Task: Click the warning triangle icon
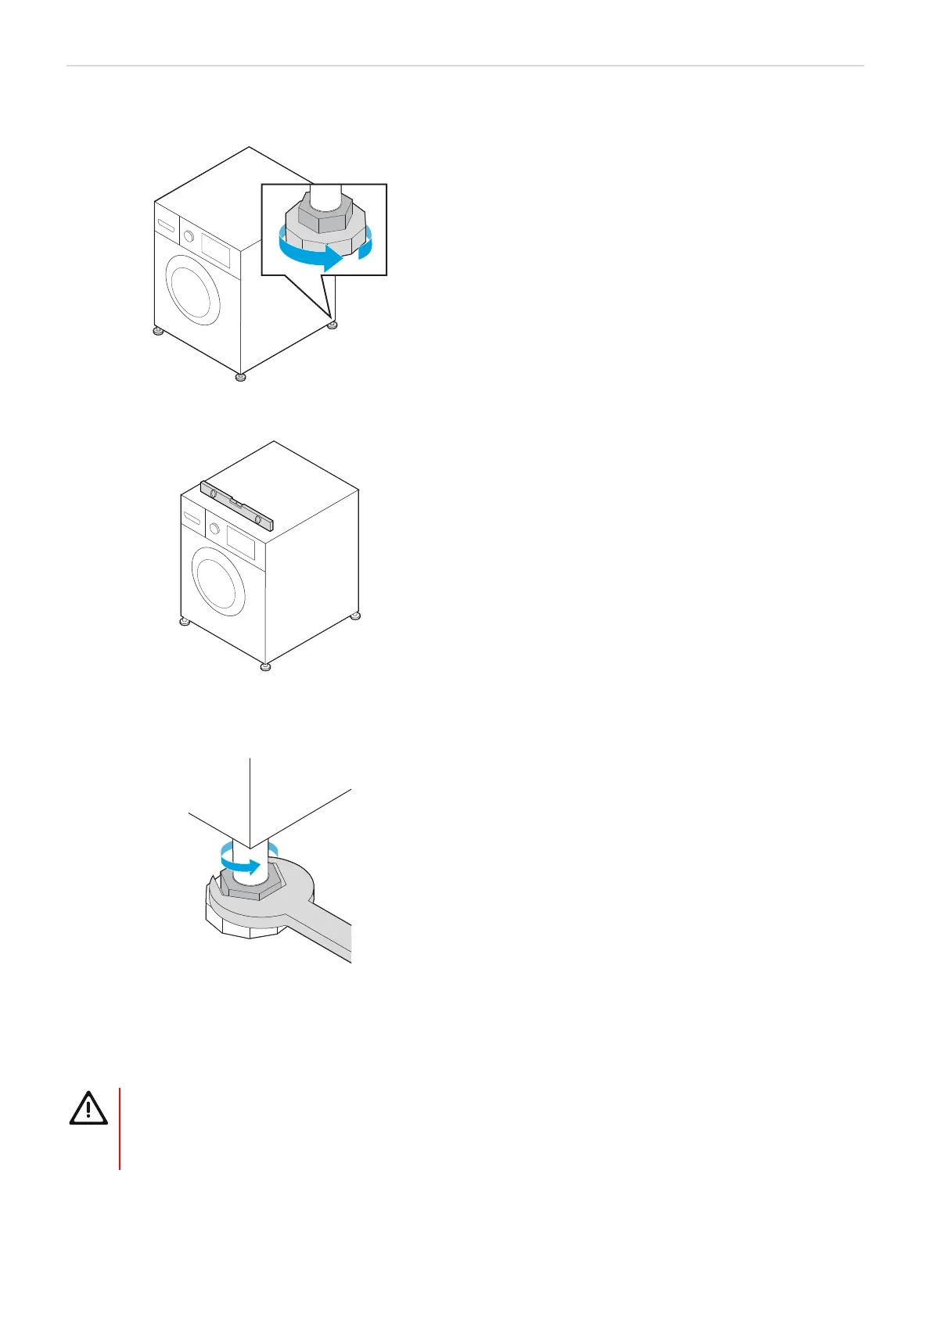click(88, 1107)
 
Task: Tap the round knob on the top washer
click(188, 235)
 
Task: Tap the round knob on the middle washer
click(214, 529)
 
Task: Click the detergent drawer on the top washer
click(167, 225)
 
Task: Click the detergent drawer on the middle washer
click(192, 518)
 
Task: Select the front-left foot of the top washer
click(158, 332)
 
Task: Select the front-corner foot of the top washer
click(240, 378)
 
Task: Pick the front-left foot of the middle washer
click(184, 623)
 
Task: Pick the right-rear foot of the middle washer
click(355, 616)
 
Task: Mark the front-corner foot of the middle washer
click(265, 667)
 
